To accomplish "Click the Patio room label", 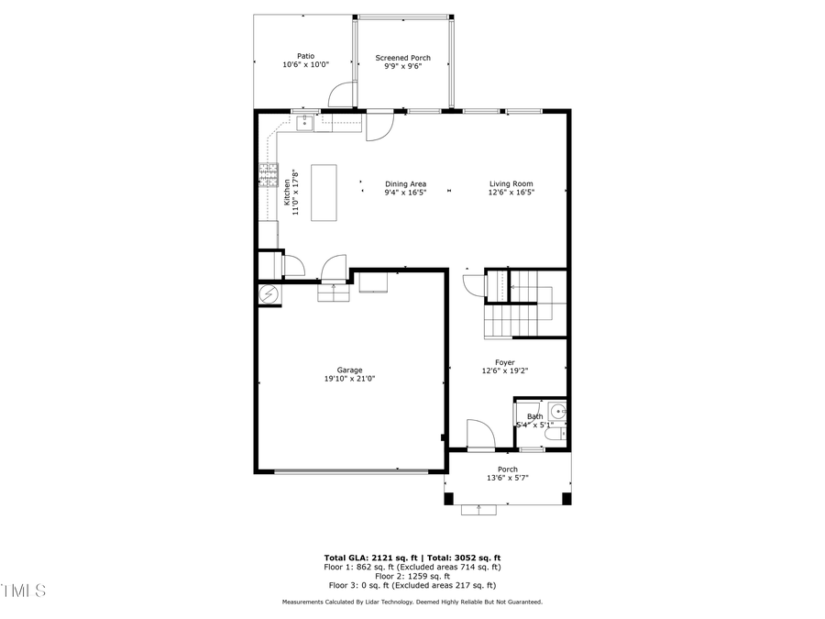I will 305,56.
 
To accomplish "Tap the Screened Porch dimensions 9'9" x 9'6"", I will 402,67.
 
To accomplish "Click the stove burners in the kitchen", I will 269,174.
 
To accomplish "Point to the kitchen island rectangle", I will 324,193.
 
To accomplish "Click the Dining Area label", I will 405,183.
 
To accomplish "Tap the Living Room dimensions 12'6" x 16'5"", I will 511,193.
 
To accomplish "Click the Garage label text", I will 349,370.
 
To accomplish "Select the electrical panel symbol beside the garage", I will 269,294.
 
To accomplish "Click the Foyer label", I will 505,362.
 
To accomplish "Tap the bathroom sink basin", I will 557,412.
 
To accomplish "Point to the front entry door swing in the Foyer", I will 480,434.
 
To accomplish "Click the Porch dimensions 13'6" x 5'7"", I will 507,478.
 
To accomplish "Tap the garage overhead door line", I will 351,472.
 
